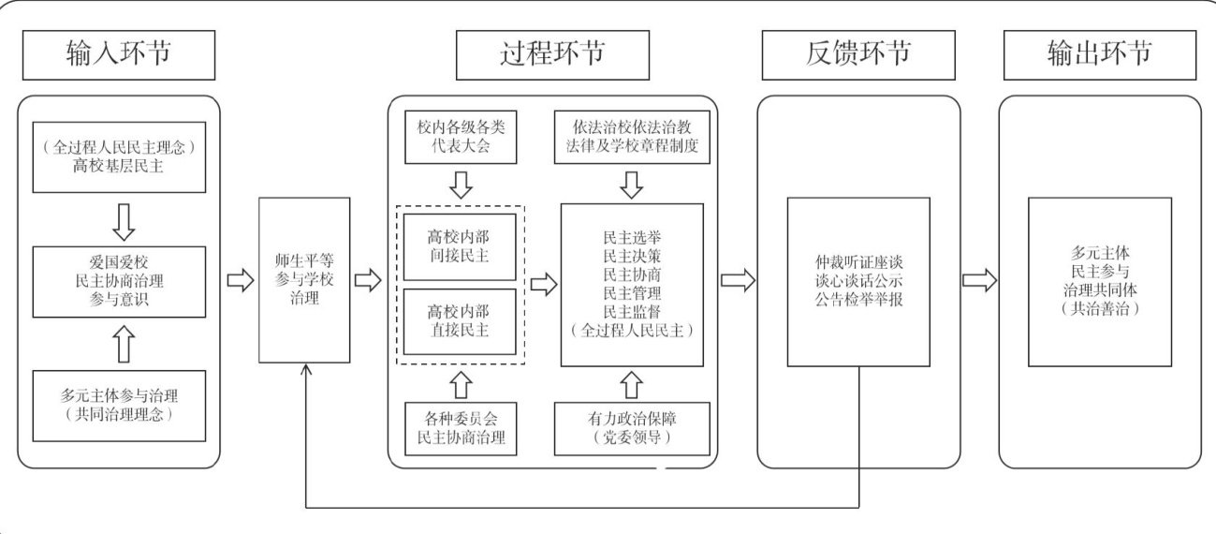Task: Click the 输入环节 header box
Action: [118, 54]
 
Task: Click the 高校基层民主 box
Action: [118, 156]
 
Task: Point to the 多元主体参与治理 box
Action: [118, 405]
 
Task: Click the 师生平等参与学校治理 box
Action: [303, 280]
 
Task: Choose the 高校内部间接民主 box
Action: [460, 246]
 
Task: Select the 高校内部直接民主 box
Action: [460, 321]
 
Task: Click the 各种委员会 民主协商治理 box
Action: [460, 428]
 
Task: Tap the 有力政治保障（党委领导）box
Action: [632, 428]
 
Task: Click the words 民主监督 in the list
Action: [632, 312]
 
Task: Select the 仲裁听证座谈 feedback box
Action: [857, 281]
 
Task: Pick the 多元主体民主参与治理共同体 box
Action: [1099, 281]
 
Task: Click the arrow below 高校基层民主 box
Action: [119, 220]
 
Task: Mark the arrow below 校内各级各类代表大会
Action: [460, 185]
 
